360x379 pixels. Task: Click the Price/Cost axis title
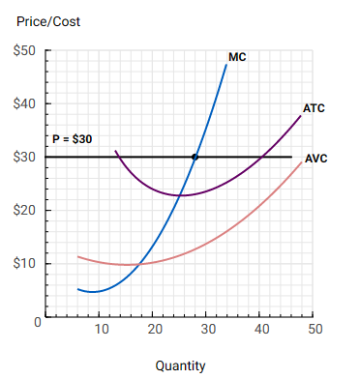[x=49, y=20]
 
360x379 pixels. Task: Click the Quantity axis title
[x=180, y=365]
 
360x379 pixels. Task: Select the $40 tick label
[x=23, y=103]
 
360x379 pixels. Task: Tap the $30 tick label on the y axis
[x=23, y=157]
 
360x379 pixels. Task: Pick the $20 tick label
[x=23, y=210]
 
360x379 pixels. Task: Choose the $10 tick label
[x=23, y=263]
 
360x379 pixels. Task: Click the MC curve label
[x=237, y=58]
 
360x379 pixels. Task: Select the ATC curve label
[x=314, y=108]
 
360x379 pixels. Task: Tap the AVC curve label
[x=316, y=159]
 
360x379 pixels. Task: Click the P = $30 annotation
[x=73, y=139]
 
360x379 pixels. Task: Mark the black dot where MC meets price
[x=195, y=157]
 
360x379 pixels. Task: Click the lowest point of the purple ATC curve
[x=180, y=195]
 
